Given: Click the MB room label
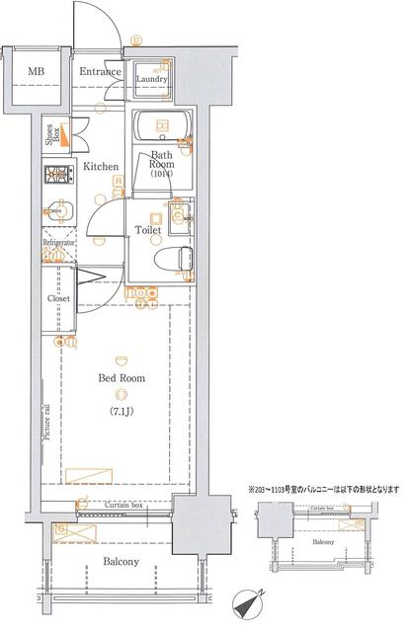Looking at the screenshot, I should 36,71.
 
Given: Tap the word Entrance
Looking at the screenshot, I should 100,71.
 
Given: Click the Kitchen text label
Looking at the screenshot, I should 102,168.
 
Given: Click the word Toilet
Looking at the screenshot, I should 148,232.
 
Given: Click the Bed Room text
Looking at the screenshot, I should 121,378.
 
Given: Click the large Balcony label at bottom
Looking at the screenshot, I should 121,562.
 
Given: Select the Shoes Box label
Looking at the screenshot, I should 49,132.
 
